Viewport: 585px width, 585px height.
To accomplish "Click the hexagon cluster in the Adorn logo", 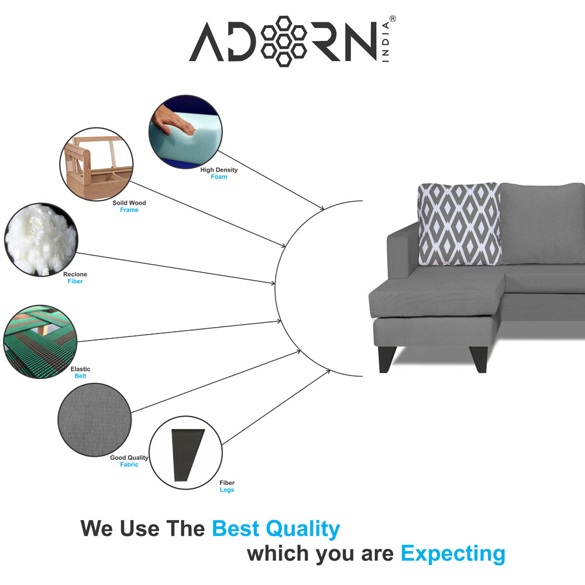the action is [284, 41].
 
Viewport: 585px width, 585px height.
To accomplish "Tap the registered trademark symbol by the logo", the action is [393, 19].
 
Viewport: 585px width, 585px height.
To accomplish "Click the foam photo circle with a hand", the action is [185, 132].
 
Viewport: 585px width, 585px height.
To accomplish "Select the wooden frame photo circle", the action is [97, 164].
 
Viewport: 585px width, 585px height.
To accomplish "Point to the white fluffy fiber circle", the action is [41, 239].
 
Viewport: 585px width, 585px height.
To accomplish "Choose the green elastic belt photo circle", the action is [40, 342].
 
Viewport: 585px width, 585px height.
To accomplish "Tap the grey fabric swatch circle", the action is [94, 419].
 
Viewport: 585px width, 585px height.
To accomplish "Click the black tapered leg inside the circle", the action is [188, 455].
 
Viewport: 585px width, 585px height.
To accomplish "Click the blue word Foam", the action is [219, 177].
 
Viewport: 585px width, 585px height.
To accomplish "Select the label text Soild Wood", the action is [129, 203].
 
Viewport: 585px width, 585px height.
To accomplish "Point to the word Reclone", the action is [75, 274].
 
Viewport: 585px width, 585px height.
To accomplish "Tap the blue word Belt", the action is [80, 376].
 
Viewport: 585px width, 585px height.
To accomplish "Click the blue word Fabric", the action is [129, 464].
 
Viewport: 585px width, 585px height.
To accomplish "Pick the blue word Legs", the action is [227, 490].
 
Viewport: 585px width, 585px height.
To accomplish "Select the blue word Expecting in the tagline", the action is [453, 554].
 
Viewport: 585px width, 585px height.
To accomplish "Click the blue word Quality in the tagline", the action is [302, 529].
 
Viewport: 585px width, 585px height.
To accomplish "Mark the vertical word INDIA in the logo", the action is [386, 42].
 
